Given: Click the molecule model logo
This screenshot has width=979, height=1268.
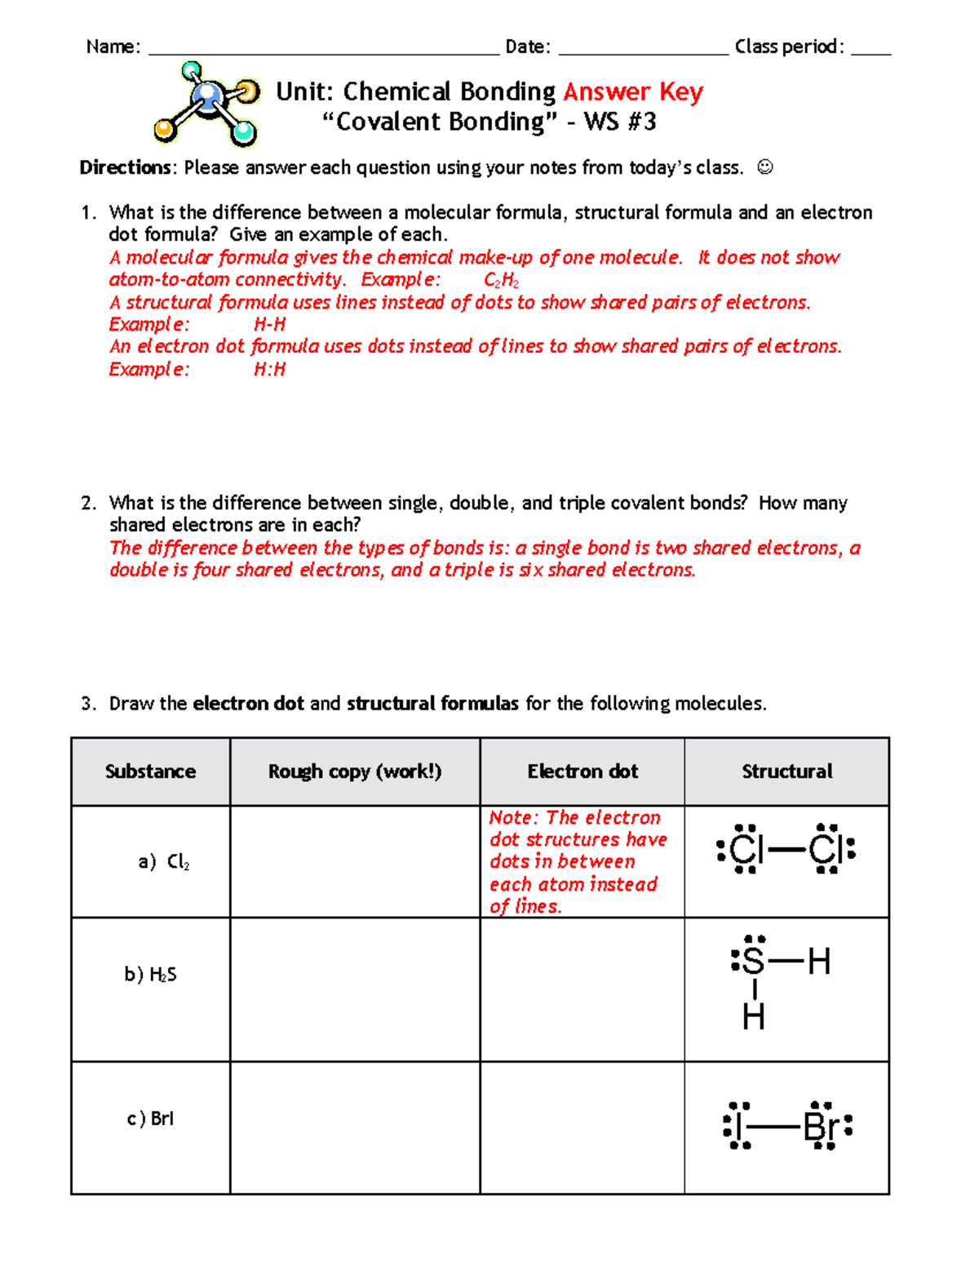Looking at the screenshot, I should pos(207,105).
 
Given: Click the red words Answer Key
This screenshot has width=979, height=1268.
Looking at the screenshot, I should pos(632,91).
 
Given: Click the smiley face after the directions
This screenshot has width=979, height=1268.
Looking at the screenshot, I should pos(764,167).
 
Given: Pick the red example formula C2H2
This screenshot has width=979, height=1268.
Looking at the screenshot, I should pos(501,280).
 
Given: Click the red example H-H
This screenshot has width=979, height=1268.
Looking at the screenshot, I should pos(269,324).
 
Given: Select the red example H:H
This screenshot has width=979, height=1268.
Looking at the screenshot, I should pos(269,369).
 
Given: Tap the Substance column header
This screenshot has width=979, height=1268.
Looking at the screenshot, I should pos(150,772).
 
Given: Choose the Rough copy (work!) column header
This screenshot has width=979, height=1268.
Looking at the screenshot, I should pos(355,772).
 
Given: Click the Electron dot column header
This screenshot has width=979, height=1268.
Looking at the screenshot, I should pos(583,772).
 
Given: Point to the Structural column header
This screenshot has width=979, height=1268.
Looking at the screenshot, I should pos(786,772).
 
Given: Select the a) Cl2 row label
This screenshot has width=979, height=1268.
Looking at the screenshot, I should pos(163,861).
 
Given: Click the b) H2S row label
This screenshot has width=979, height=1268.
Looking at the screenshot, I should pos(150,974).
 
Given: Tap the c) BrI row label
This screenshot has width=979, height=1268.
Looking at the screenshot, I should pos(150,1119).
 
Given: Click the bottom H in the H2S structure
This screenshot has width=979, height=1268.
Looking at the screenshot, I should pos(753,1017).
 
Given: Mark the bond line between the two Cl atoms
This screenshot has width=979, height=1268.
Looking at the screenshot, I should pos(786,851).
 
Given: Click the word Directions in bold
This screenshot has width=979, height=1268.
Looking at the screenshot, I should pos(126,167).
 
